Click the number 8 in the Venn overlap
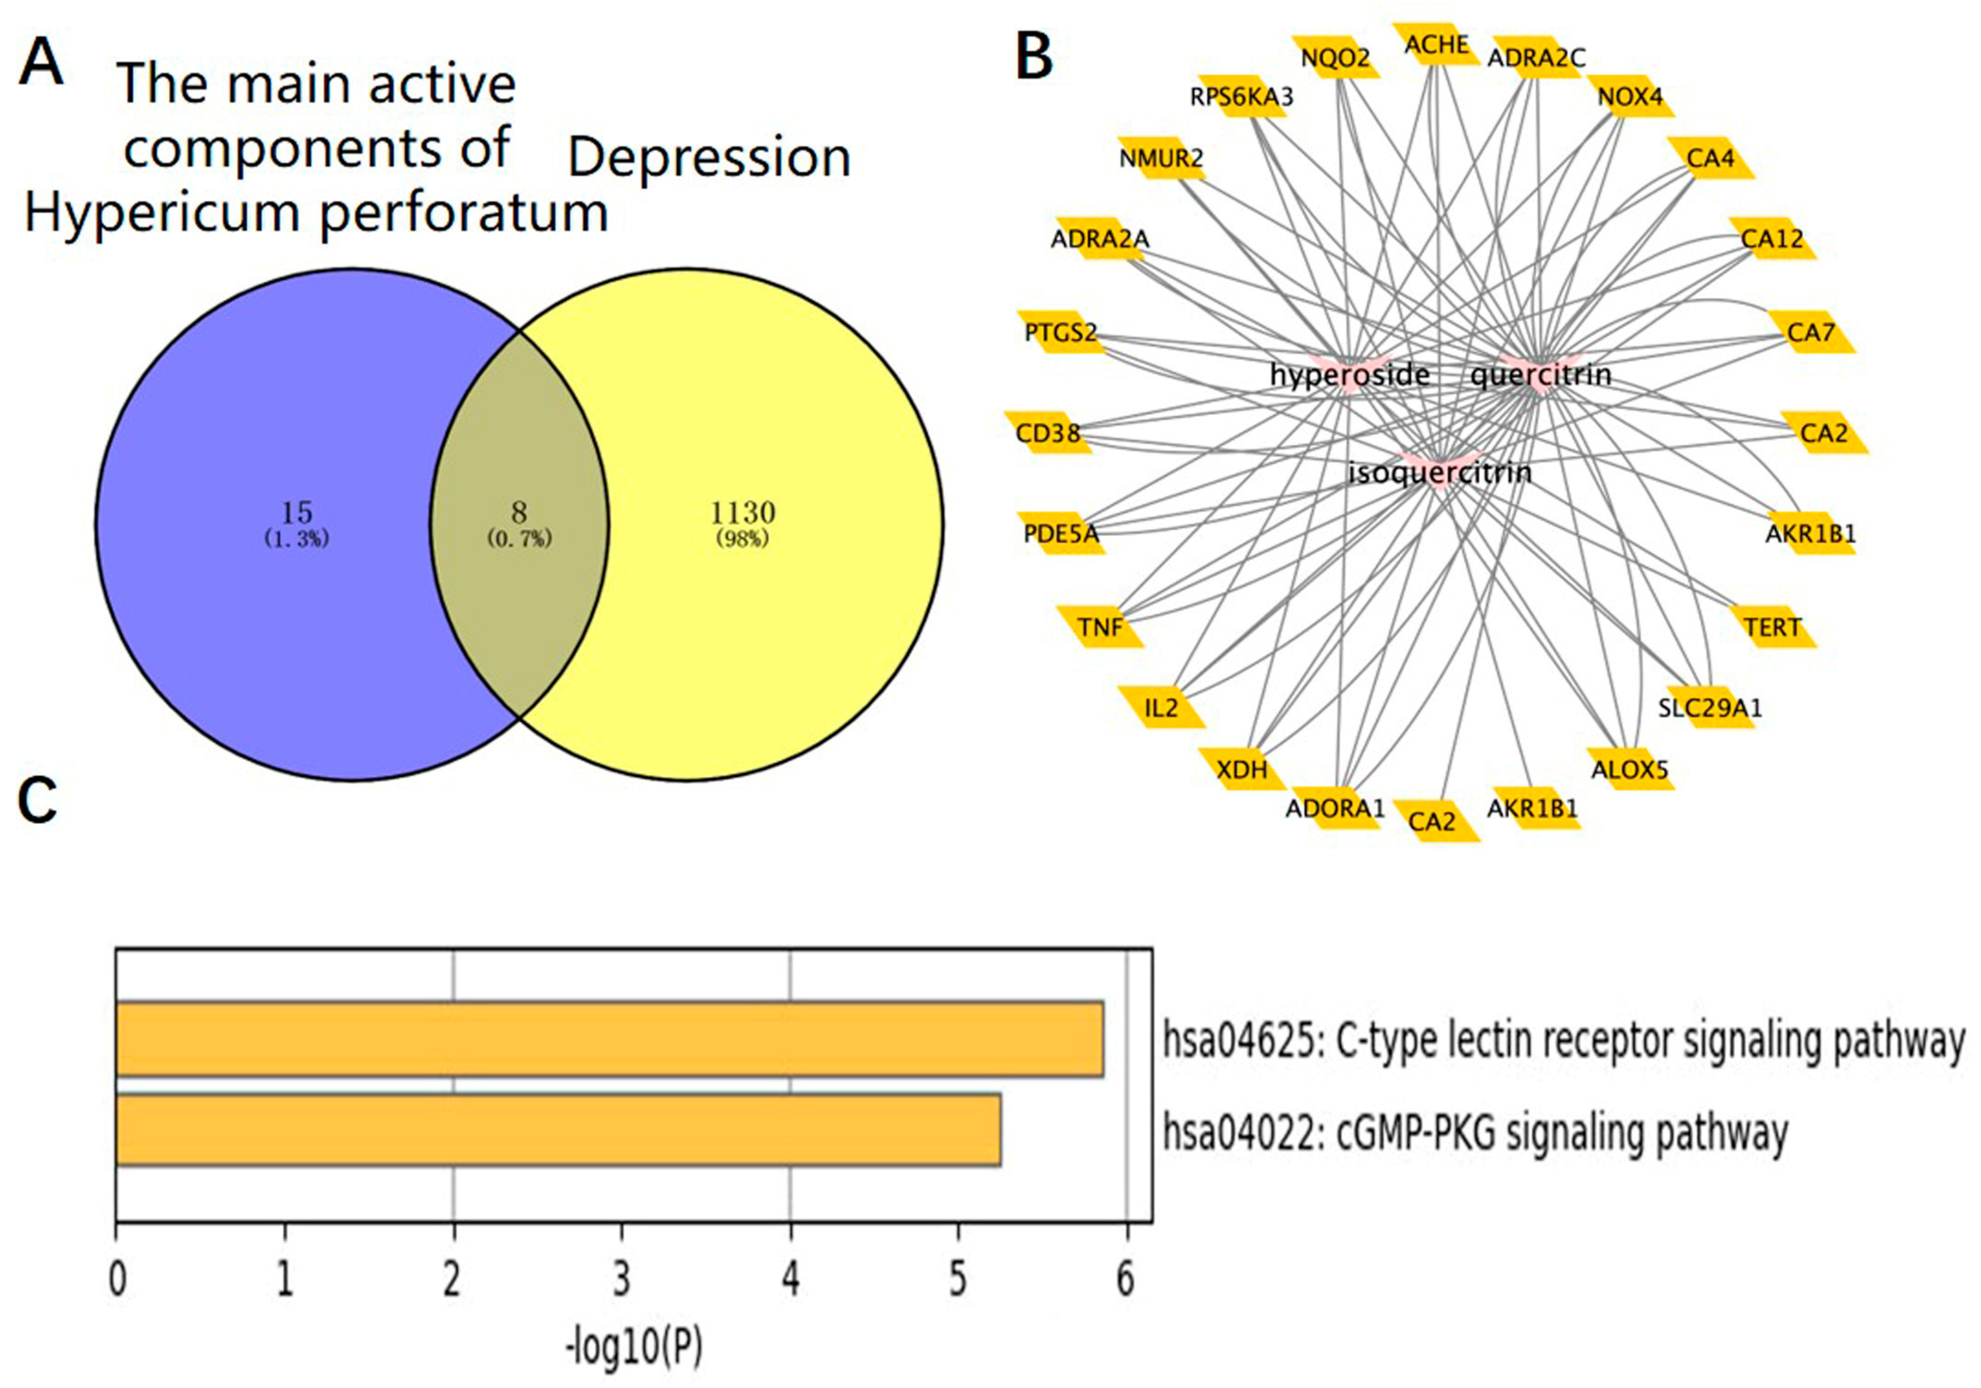pos(519,513)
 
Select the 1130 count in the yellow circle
pos(742,513)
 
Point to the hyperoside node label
pos(1349,374)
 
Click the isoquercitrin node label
pos(1439,472)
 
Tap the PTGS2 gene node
pos(1061,332)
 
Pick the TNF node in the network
pos(1100,627)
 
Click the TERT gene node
pos(1773,627)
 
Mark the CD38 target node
pos(1048,433)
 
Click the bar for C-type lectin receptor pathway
pos(609,1039)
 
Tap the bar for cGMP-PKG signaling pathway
pos(558,1129)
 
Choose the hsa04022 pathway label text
pos(1474,1132)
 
